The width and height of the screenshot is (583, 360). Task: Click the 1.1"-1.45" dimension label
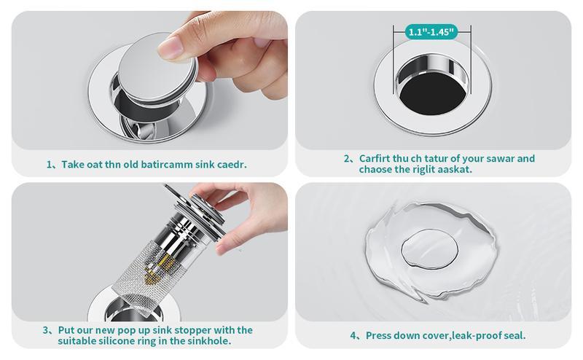tap(431, 32)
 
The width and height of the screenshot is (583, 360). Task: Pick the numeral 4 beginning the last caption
tap(353, 336)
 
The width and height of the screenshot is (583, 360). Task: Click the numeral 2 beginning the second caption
tap(347, 159)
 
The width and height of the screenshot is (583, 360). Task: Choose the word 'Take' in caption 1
tap(74, 164)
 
